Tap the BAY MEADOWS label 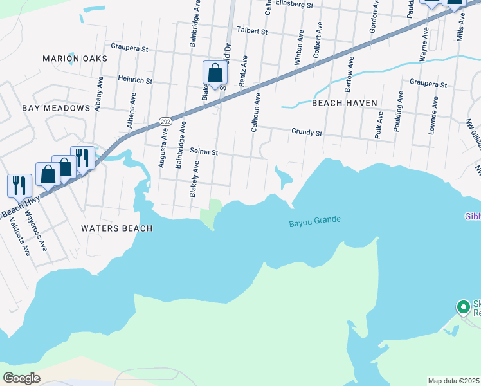point(56,108)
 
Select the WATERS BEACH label point(117,228)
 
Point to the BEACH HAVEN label point(343,102)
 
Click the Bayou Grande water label point(314,222)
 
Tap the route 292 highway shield point(165,120)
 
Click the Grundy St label point(306,133)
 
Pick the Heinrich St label point(135,81)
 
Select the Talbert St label point(251,30)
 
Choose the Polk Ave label point(379,124)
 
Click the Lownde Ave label point(433,115)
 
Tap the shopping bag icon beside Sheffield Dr point(215,74)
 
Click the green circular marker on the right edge point(463,307)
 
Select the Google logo point(22,378)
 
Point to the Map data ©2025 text point(454,381)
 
